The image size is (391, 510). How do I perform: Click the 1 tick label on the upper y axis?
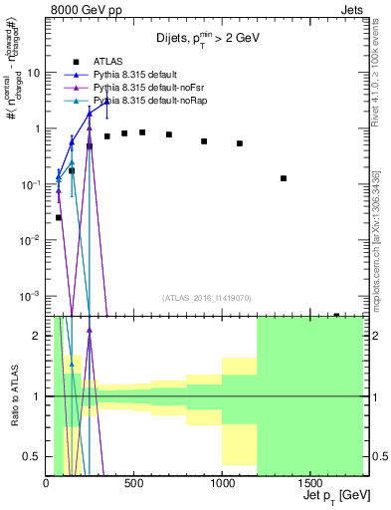pos(38,128)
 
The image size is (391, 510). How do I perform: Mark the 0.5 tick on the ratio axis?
pos(32,456)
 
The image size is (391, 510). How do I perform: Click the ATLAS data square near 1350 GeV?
pos(284,178)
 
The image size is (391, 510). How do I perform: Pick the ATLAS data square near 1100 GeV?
pos(240,143)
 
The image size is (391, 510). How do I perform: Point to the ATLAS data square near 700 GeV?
pos(169,134)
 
